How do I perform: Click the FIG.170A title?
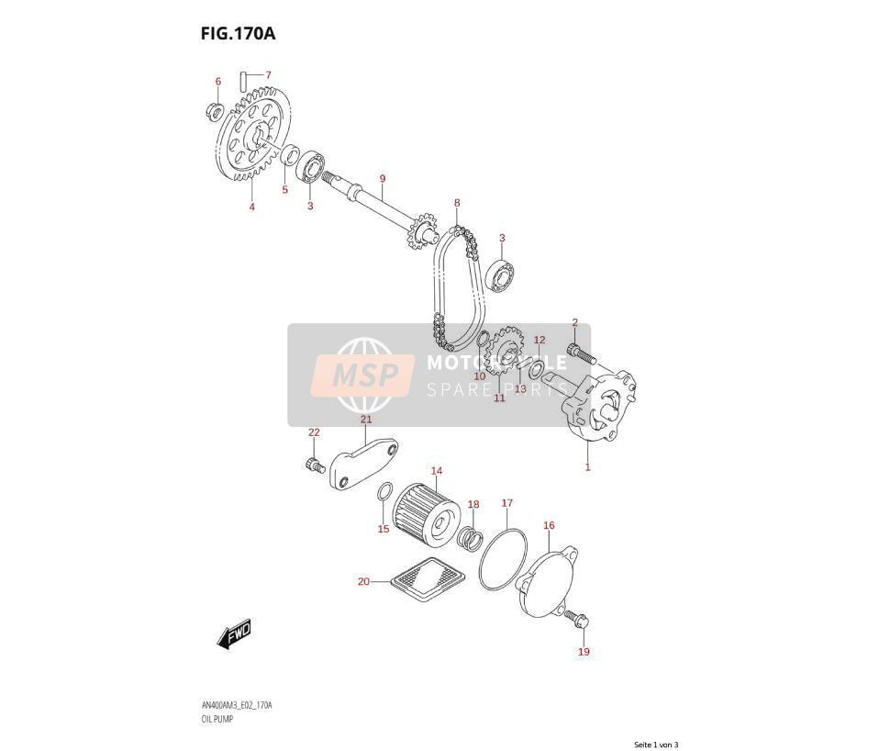tap(239, 34)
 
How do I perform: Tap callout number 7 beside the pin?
tap(268, 74)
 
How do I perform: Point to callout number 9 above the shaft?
tap(383, 179)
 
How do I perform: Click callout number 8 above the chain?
tap(457, 203)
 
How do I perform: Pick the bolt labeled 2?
tap(582, 353)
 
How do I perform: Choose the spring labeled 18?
tap(470, 538)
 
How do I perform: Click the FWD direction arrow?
tap(234, 634)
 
